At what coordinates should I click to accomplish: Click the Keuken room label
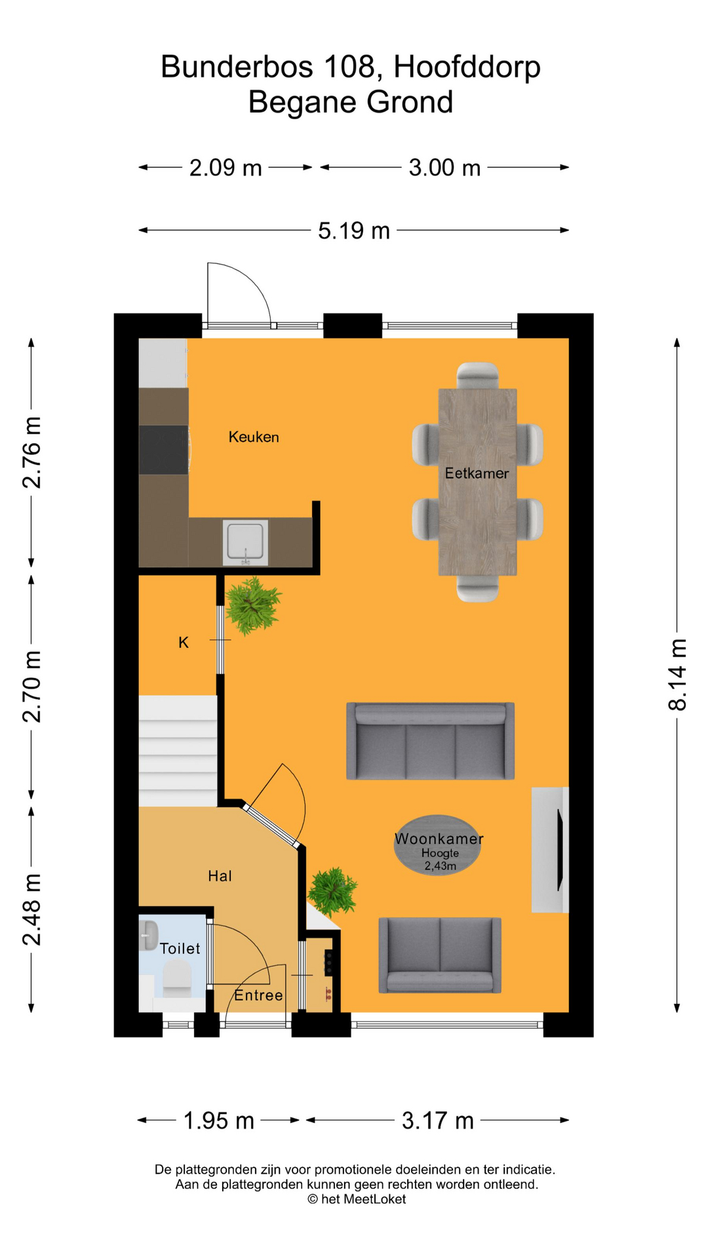tap(254, 437)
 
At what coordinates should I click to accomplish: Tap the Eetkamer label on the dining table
tap(477, 473)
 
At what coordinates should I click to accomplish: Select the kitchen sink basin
tap(245, 543)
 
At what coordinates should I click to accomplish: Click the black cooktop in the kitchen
tap(163, 449)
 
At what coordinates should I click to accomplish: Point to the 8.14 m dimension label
tap(677, 675)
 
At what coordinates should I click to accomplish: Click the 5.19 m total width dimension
tap(353, 231)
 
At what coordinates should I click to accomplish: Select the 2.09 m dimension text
tap(226, 168)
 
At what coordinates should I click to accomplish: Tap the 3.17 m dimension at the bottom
tap(437, 1120)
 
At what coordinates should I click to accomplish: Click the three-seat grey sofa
tap(430, 742)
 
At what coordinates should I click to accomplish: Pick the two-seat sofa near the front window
tap(440, 955)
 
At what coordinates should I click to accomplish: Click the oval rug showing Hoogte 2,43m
tap(438, 845)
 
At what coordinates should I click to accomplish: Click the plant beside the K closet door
tap(252, 605)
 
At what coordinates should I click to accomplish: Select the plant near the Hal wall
tap(332, 890)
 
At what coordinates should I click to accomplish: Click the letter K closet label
tap(184, 643)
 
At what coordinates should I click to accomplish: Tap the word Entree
tap(258, 995)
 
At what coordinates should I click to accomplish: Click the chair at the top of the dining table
tap(477, 375)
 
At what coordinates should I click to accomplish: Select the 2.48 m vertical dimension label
tap(31, 909)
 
